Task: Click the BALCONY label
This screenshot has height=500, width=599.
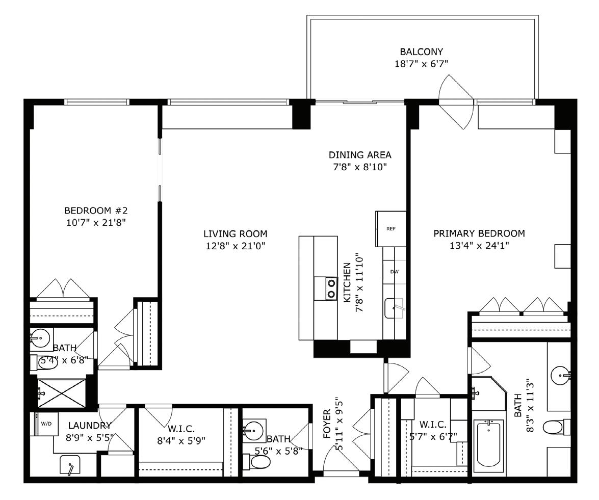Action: click(x=422, y=51)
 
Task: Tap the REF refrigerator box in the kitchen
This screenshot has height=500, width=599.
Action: click(x=391, y=229)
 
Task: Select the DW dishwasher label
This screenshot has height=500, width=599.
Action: click(x=395, y=272)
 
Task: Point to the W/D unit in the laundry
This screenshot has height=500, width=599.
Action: click(x=46, y=424)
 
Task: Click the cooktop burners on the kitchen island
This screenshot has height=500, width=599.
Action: click(x=326, y=288)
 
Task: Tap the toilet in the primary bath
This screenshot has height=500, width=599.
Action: click(x=556, y=427)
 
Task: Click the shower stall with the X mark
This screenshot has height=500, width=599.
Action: click(x=62, y=393)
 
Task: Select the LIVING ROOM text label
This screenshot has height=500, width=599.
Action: click(x=236, y=234)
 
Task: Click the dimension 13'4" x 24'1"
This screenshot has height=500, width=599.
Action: click(x=479, y=246)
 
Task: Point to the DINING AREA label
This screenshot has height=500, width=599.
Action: click(x=360, y=155)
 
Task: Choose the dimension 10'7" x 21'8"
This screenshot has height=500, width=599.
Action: click(x=96, y=222)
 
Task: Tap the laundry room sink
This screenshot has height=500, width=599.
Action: click(x=70, y=464)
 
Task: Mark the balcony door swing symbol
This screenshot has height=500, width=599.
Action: click(x=456, y=101)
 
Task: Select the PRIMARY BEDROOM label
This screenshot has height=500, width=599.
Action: click(x=479, y=233)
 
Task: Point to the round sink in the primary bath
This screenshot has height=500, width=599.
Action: click(x=560, y=375)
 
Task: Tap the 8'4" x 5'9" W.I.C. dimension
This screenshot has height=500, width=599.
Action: click(x=181, y=441)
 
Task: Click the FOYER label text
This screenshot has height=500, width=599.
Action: click(x=327, y=424)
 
